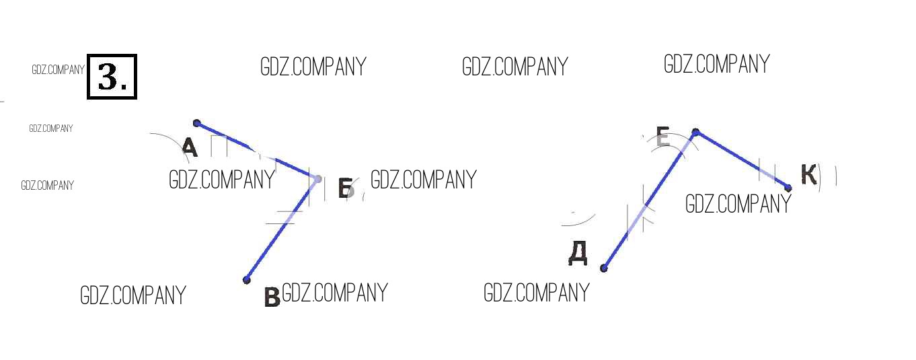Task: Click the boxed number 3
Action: point(112,77)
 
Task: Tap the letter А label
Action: point(190,147)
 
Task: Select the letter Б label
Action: point(346,188)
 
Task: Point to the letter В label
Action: point(272,297)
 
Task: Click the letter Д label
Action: point(578,253)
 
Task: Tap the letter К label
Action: point(808,174)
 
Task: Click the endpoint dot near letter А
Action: point(196,123)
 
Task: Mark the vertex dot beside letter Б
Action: point(317,179)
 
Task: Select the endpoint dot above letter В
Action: point(246,280)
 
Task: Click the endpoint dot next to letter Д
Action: point(603,268)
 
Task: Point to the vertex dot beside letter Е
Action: point(695,132)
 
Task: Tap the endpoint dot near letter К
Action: point(788,188)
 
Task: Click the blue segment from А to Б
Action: point(257,151)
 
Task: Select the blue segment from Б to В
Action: point(282,229)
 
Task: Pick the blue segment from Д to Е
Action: point(650,200)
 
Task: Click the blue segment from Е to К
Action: point(742,160)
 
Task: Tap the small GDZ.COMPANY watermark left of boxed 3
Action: point(58,70)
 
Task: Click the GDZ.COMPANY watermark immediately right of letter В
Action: point(335,293)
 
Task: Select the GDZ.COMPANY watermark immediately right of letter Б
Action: point(424,180)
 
